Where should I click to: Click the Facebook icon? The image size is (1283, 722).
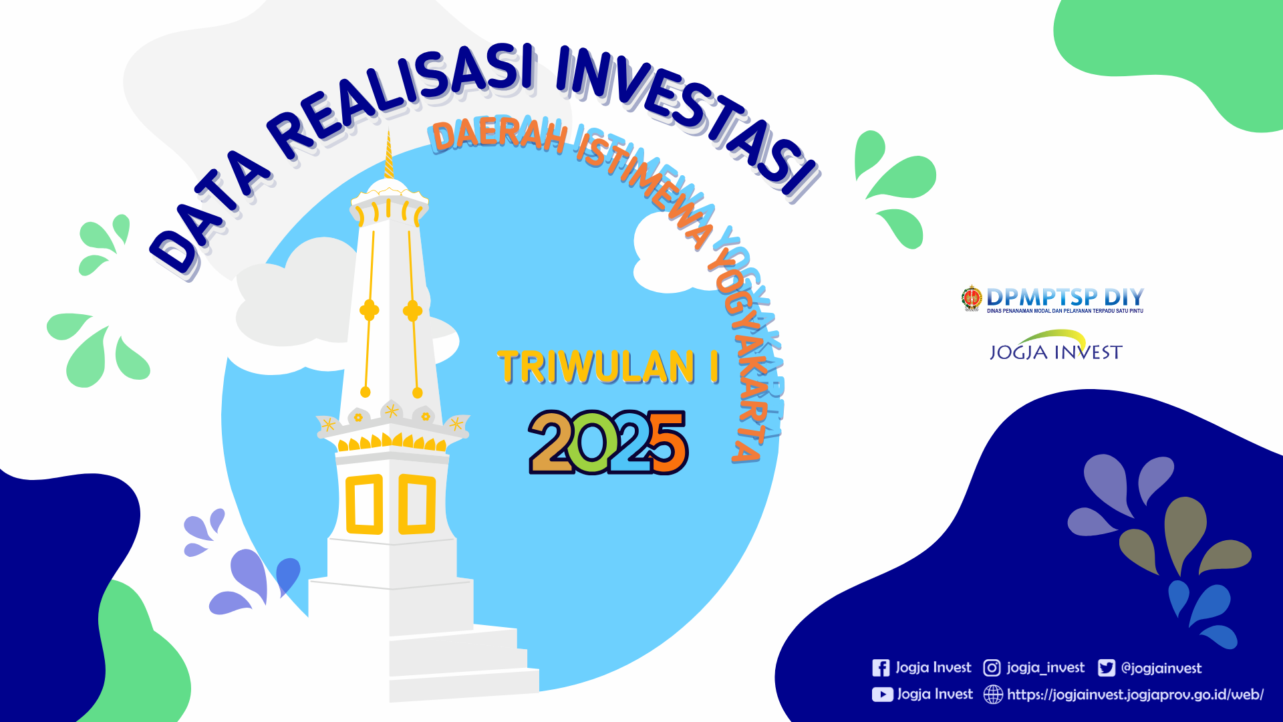(x=881, y=668)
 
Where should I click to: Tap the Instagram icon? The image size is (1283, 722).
(x=992, y=668)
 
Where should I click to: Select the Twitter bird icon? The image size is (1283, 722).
(x=1107, y=668)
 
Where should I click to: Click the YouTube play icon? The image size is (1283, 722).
(x=882, y=695)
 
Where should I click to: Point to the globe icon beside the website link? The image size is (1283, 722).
(x=994, y=695)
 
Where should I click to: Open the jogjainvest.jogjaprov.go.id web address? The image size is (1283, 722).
(x=1135, y=695)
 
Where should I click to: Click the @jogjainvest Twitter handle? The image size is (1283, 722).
(x=1161, y=668)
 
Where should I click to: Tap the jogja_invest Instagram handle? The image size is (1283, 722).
(x=1046, y=668)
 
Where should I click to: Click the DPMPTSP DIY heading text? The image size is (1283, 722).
(x=1065, y=296)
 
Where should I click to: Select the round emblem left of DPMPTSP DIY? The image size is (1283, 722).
(x=972, y=298)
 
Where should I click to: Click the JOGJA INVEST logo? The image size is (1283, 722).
(x=1056, y=346)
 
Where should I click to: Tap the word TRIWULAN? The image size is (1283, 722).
(x=596, y=367)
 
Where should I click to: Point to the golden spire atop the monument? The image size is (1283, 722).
(x=388, y=154)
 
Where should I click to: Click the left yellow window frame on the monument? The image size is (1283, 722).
(x=364, y=504)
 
